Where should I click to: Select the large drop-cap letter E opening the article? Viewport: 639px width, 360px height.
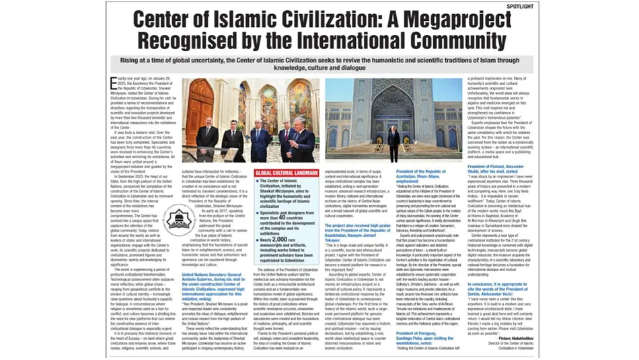click(x=112, y=82)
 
